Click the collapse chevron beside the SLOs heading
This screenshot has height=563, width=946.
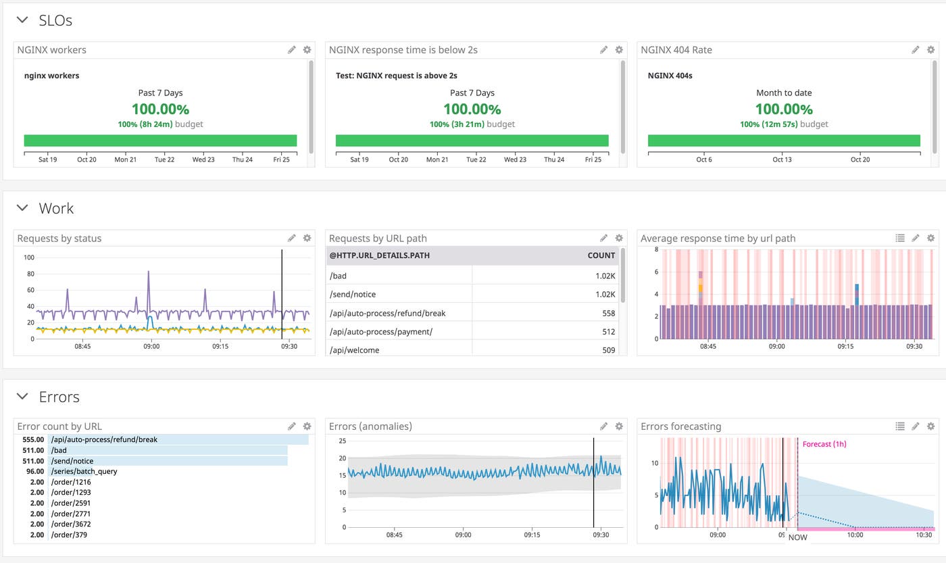pos(23,21)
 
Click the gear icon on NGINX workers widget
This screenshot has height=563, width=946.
pos(307,50)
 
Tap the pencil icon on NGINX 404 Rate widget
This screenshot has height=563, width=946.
pos(915,50)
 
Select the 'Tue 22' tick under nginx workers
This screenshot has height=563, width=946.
pos(164,160)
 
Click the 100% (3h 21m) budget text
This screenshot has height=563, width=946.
pos(472,124)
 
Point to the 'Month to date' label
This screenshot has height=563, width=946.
pos(784,93)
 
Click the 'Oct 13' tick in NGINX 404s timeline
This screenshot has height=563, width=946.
pos(782,160)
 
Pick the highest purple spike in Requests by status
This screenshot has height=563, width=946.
pos(149,272)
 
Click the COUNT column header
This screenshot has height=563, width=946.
pos(601,255)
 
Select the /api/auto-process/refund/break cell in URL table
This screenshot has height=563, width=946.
pos(387,313)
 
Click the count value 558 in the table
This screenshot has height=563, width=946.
pos(608,313)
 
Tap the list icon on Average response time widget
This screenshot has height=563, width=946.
pos(899,238)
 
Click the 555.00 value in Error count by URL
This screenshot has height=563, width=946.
pos(32,439)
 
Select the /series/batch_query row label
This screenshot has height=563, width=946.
pos(84,471)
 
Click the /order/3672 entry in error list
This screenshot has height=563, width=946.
pos(70,524)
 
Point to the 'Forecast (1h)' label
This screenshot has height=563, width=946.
pos(824,444)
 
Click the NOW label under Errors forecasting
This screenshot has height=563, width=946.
pos(797,537)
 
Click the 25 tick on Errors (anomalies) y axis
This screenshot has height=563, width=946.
pos(342,441)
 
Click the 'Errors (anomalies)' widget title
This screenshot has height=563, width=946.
pos(370,426)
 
